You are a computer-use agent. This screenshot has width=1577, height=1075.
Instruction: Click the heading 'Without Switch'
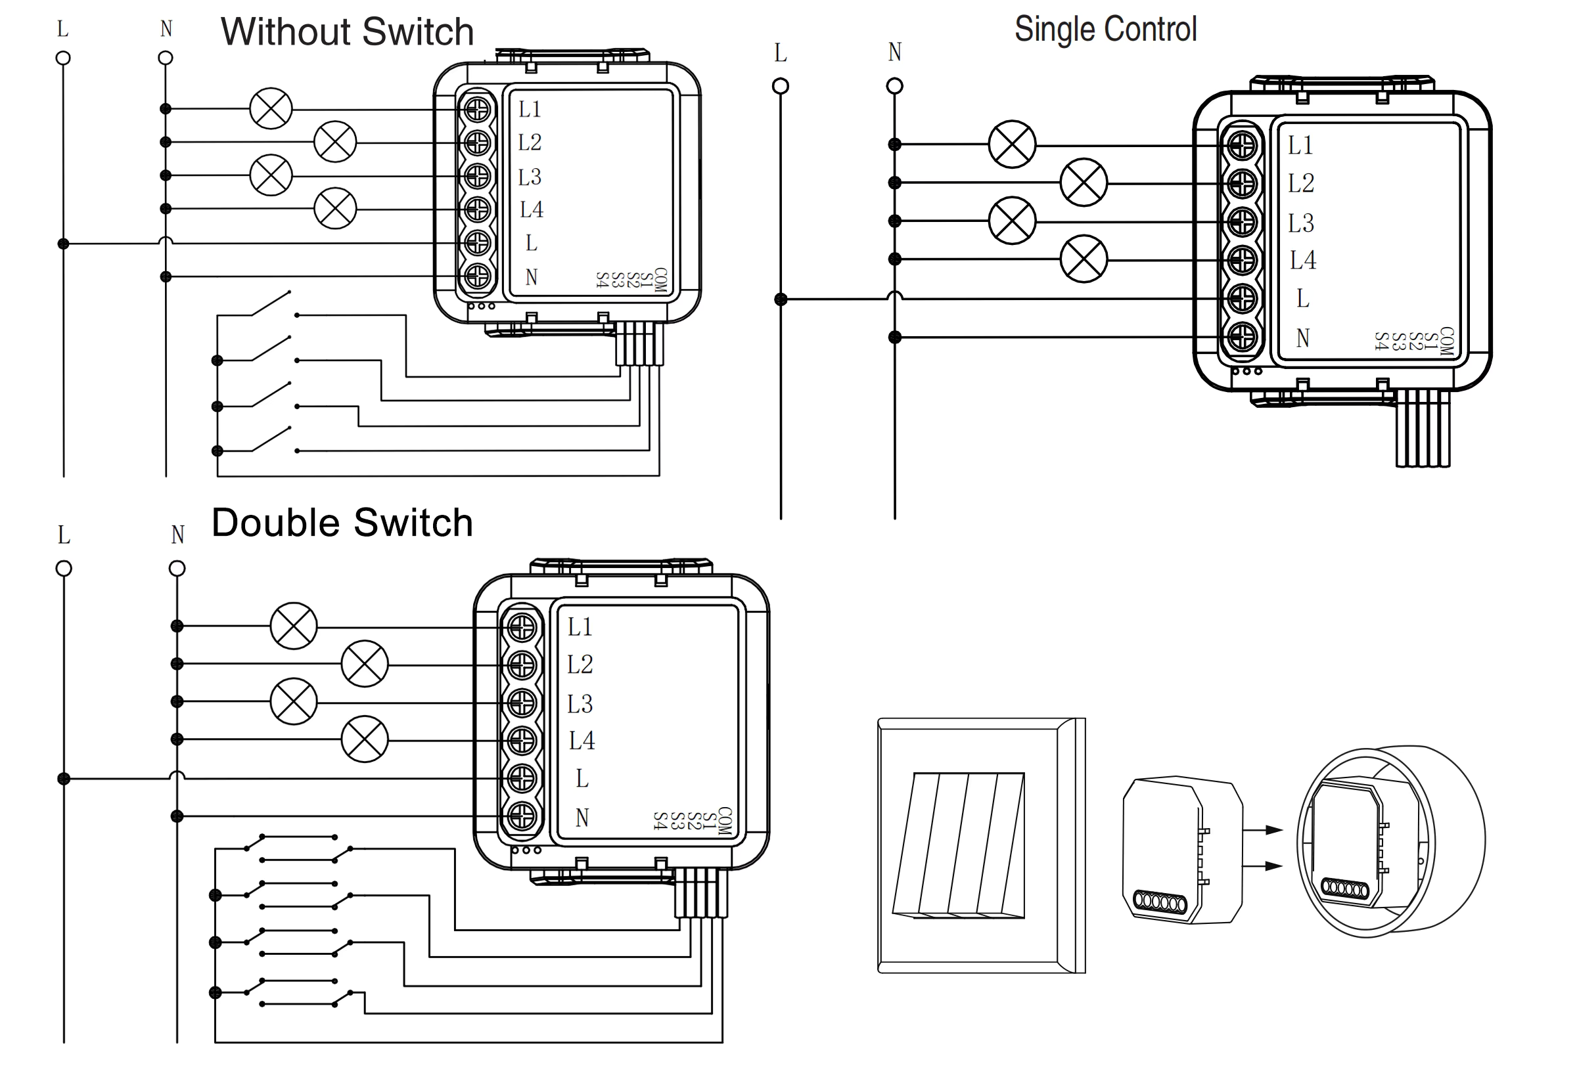click(x=347, y=32)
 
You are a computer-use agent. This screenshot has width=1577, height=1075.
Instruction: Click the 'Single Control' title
click(x=1105, y=29)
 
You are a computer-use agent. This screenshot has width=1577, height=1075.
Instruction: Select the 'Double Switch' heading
click(x=342, y=523)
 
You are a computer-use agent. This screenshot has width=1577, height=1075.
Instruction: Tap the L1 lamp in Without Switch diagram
click(x=271, y=108)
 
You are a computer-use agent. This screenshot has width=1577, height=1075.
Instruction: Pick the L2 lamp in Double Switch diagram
click(x=365, y=664)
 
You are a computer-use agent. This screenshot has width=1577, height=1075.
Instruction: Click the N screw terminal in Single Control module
click(x=1242, y=336)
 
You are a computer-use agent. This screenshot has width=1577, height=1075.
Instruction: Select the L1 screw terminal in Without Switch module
click(x=478, y=109)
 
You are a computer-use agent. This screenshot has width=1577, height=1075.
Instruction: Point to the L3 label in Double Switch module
click(x=580, y=704)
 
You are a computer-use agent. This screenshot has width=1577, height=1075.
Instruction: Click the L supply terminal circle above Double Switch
click(x=64, y=568)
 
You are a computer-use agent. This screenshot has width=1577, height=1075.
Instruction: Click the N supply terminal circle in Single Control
click(x=894, y=86)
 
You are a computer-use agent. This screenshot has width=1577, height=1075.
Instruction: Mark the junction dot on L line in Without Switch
click(x=63, y=244)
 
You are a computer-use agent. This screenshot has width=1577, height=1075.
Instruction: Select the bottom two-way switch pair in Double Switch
click(x=298, y=992)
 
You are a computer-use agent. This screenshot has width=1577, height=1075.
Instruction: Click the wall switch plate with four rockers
click(x=980, y=845)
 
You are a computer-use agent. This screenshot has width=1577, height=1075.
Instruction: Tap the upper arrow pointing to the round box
click(x=1264, y=829)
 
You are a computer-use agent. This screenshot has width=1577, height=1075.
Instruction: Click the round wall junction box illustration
click(x=1391, y=842)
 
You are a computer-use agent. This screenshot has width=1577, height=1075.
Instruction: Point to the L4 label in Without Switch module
click(x=532, y=209)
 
